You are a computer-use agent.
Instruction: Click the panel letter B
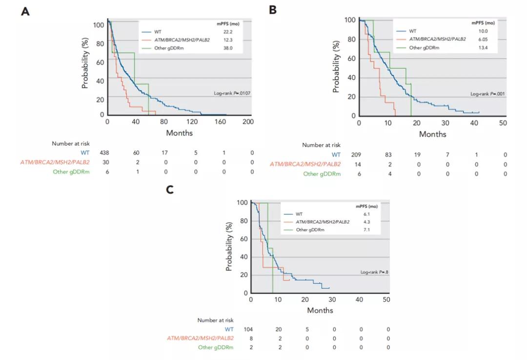273,9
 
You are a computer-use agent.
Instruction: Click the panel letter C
170,190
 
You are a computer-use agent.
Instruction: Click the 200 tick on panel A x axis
248,121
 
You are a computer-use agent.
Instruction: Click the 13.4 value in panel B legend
483,48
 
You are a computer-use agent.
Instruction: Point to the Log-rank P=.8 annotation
374,272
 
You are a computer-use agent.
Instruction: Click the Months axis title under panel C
320,310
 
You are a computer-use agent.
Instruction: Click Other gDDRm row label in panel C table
216,347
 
